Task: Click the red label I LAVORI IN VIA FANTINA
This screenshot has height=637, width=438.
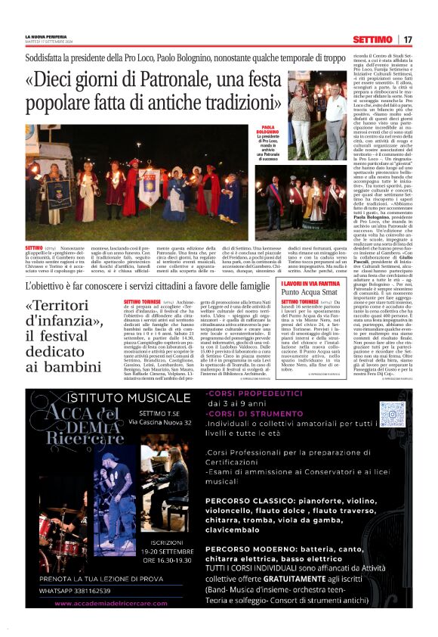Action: coord(312,282)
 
